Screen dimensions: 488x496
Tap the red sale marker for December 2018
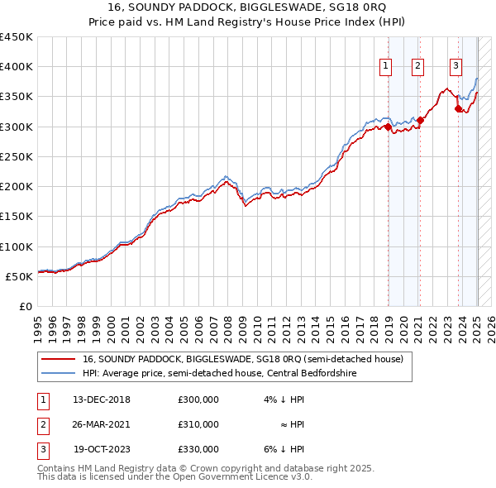pos(388,127)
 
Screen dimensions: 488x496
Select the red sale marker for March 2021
pos(420,120)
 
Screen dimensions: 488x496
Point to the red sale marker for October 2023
pos(458,108)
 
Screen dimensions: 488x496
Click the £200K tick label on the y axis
pos(17,187)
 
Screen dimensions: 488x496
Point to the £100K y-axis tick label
pos(17,246)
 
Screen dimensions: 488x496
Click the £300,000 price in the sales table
pos(198,399)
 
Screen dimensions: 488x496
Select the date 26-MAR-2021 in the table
pos(102,424)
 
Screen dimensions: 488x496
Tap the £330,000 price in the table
pos(198,449)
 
